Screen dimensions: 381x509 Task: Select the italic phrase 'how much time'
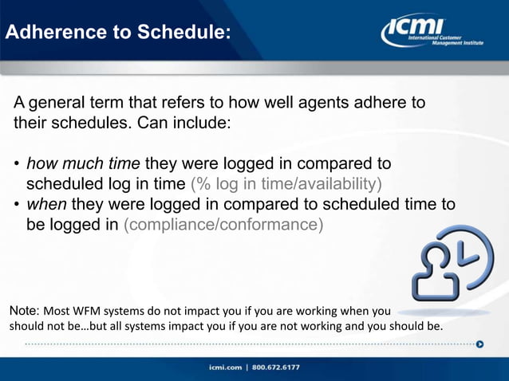coord(83,164)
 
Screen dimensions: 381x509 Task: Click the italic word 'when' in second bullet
coord(45,204)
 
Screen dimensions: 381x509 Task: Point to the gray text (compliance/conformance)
coord(223,225)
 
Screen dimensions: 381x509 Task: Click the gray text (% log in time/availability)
coord(286,184)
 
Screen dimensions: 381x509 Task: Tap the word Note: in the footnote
coord(23,310)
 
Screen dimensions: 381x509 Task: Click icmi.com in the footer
coord(226,367)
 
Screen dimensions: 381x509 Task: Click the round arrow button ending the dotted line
coord(479,344)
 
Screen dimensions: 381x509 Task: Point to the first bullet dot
coord(16,165)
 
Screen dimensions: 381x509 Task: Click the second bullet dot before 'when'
coord(16,205)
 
